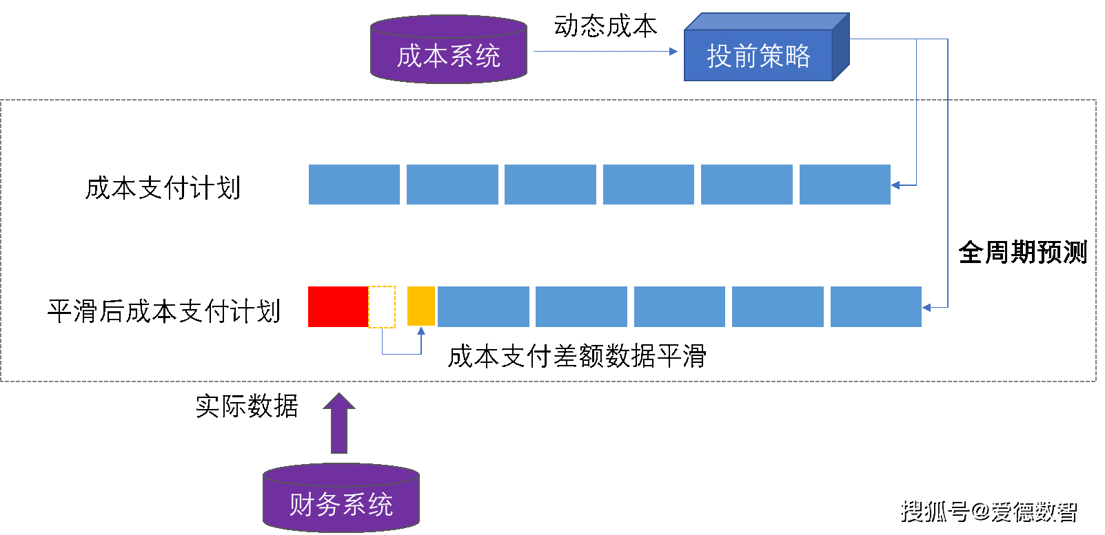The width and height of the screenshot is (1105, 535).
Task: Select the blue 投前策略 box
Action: [x=759, y=55]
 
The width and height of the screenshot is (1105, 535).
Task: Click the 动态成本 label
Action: [x=605, y=26]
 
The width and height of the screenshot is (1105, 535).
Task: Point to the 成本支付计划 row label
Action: [x=163, y=188]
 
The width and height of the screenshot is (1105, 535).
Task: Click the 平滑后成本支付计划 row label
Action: [x=164, y=311]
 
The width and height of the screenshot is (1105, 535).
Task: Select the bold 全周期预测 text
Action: [x=1022, y=253]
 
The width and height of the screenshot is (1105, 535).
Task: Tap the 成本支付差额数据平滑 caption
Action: [x=577, y=356]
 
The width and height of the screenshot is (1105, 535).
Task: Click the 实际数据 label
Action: [x=247, y=406]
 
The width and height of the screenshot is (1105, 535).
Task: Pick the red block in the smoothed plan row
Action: [x=338, y=306]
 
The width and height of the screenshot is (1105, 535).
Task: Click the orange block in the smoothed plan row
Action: [x=421, y=306]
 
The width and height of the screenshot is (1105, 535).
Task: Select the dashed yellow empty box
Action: [x=382, y=306]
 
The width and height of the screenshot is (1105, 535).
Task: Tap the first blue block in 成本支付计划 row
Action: [x=354, y=185]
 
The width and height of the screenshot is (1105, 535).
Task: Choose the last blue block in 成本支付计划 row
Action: [x=844, y=185]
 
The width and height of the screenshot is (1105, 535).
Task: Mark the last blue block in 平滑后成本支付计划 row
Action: [x=875, y=306]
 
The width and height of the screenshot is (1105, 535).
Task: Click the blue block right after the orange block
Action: [x=483, y=306]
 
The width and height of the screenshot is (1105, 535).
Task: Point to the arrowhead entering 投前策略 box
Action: [x=674, y=51]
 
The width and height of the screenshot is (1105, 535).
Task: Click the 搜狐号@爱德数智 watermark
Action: [x=987, y=510]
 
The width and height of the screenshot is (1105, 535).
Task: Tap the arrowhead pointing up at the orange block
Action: [x=421, y=331]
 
